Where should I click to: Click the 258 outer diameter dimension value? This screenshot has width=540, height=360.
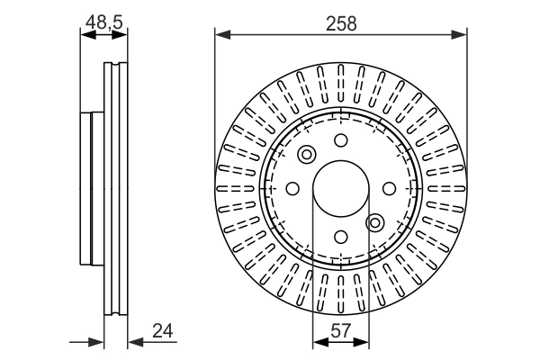pyautogui.click(x=342, y=23)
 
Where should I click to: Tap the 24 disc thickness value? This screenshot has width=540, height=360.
pyautogui.click(x=164, y=330)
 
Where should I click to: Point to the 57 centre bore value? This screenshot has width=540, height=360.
pyautogui.click(x=340, y=330)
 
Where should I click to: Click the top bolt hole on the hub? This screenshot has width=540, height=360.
pyautogui.click(x=340, y=139)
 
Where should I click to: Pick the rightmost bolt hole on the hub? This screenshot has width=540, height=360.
pyautogui.click(x=389, y=188)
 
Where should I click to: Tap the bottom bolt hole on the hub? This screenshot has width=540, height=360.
pyautogui.click(x=340, y=237)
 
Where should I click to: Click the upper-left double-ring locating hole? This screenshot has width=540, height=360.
pyautogui.click(x=306, y=155)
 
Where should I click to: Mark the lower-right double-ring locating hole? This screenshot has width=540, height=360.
pyautogui.click(x=375, y=221)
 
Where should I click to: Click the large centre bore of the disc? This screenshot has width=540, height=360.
pyautogui.click(x=340, y=188)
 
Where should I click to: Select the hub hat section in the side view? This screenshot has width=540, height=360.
pyautogui.click(x=93, y=188)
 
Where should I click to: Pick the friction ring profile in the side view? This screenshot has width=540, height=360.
pyautogui.click(x=117, y=188)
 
